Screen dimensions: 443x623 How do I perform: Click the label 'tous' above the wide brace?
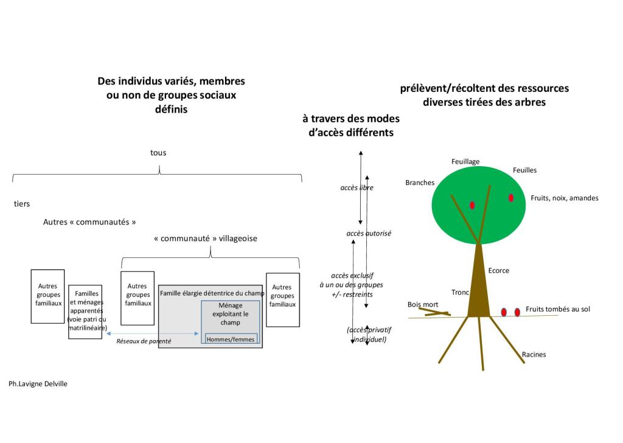158,153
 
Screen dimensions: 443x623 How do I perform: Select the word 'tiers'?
22,204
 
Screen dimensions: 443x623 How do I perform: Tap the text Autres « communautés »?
89,222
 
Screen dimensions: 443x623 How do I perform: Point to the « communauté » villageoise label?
206,239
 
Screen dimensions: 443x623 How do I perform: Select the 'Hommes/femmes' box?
231,339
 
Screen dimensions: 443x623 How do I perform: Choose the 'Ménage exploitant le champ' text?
231,314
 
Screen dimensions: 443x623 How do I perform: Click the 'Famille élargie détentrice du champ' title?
212,294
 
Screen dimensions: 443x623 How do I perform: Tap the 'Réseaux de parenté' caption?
144,341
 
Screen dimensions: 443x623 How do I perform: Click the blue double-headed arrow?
152,333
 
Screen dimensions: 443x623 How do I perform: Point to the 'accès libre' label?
357,187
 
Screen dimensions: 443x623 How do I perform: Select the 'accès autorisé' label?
369,233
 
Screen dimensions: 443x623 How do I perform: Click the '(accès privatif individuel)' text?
369,334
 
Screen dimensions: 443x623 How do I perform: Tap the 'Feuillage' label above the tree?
465,161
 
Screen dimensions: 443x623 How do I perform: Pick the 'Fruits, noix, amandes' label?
564,198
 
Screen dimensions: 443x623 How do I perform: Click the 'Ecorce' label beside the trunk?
498,271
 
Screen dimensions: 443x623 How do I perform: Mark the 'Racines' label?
534,354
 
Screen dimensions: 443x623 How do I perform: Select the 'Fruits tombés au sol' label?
557,309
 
